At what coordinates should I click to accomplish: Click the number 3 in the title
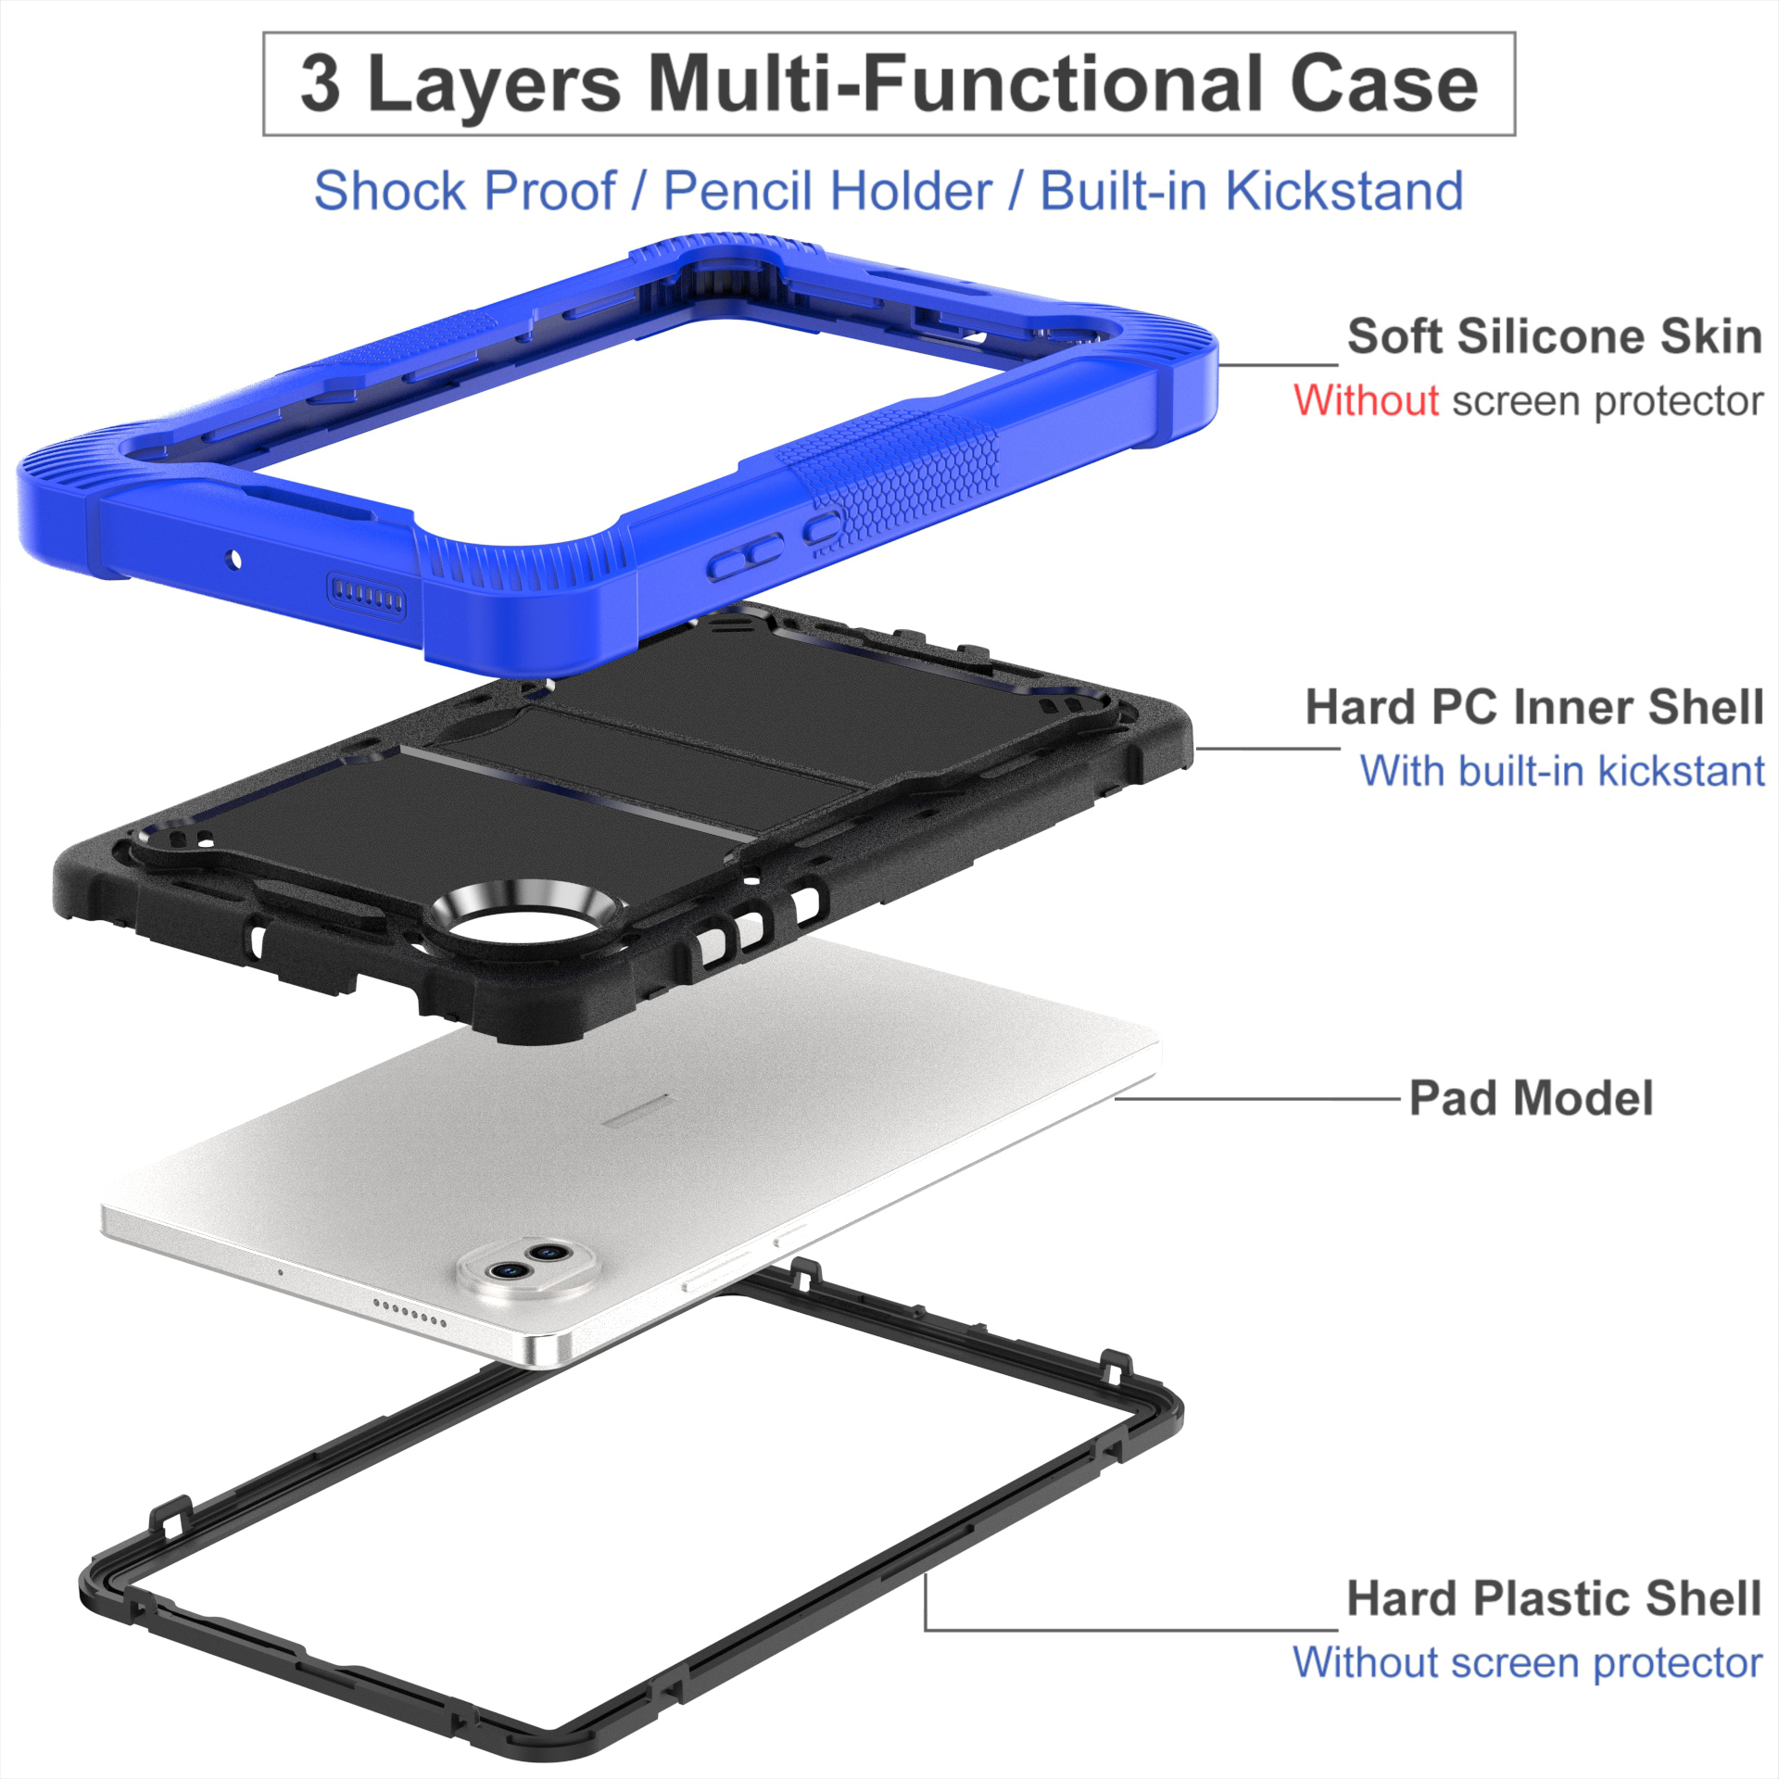(x=320, y=84)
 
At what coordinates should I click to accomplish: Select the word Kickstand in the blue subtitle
(x=1344, y=191)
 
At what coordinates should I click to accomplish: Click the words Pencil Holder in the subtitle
(x=827, y=191)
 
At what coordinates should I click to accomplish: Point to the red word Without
(x=1366, y=401)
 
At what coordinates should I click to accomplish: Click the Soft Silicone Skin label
(x=1554, y=336)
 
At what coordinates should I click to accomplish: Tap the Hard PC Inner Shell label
(x=1533, y=707)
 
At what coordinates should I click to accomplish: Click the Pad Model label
(x=1531, y=1099)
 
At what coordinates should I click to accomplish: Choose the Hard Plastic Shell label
(x=1553, y=1598)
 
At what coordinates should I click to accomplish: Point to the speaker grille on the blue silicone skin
(x=368, y=591)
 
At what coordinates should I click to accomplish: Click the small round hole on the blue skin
(x=234, y=559)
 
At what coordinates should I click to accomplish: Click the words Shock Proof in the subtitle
(x=464, y=191)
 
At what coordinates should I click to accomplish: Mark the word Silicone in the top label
(x=1552, y=336)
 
